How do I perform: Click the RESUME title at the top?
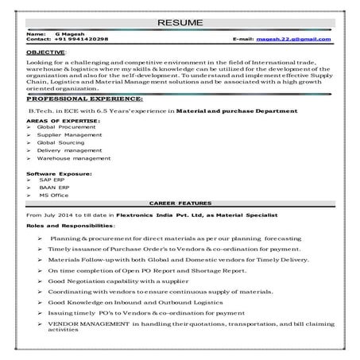[x=180, y=22]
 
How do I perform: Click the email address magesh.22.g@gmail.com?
[x=293, y=38]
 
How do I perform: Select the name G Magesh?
[x=68, y=33]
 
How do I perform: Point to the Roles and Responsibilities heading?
[x=69, y=226]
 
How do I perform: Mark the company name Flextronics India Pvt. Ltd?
[x=152, y=215]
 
